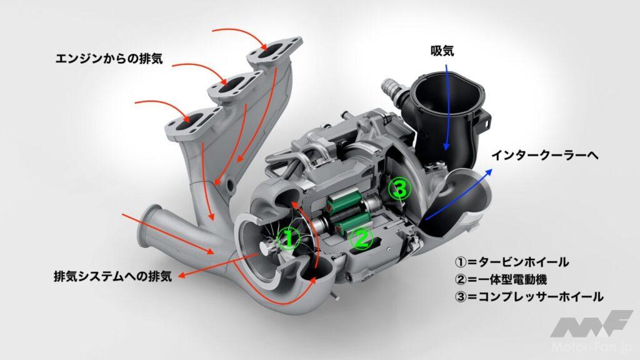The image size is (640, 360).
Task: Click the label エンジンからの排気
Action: pyautogui.click(x=109, y=59)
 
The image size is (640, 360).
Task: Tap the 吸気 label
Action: pyautogui.click(x=442, y=51)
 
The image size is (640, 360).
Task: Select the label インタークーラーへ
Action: pyautogui.click(x=545, y=155)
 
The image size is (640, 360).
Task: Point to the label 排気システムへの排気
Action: pyautogui.click(x=113, y=276)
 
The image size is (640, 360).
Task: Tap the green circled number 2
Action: pyautogui.click(x=362, y=239)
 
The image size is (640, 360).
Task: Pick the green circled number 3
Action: pyautogui.click(x=400, y=189)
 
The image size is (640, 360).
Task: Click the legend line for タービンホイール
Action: pyautogui.click(x=511, y=262)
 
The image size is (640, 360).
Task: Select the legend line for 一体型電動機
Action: pyautogui.click(x=501, y=279)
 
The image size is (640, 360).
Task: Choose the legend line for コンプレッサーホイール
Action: pyautogui.click(x=529, y=297)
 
